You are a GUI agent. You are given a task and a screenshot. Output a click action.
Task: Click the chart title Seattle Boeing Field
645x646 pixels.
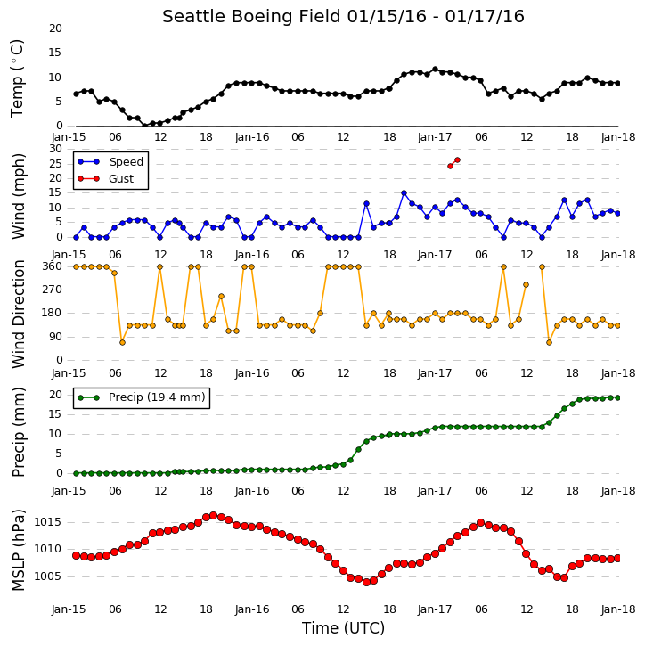[x=251, y=17]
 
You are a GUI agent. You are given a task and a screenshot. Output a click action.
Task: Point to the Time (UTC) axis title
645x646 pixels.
[x=343, y=628]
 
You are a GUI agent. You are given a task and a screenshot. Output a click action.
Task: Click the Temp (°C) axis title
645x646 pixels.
[x=17, y=78]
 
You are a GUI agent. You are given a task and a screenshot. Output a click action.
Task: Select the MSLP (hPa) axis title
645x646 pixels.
[x=18, y=550]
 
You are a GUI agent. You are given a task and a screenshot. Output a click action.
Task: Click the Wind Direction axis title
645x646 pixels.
[x=19, y=314]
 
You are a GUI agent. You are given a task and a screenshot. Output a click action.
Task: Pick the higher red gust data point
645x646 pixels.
[x=457, y=159]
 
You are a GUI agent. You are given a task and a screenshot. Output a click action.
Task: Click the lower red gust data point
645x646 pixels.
[x=450, y=166]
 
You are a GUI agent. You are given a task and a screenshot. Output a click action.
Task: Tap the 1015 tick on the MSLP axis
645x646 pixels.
[x=47, y=522]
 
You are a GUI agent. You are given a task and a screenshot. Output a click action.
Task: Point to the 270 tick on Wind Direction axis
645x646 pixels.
[x=53, y=290]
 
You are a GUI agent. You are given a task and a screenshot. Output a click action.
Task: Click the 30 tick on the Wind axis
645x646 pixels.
[x=55, y=149]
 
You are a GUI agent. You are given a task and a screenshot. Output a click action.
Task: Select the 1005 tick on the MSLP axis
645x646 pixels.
[x=47, y=576]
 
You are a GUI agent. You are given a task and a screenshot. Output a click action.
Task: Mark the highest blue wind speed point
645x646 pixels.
[x=404, y=192]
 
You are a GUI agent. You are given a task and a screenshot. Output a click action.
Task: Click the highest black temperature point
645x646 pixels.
[x=435, y=70]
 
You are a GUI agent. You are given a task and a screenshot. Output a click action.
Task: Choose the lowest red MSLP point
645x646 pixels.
[x=366, y=582]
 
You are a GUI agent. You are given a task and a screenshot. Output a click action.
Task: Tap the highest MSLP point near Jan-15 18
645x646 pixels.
[x=213, y=515]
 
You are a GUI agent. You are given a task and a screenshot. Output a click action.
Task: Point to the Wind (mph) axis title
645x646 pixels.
[x=18, y=196]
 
